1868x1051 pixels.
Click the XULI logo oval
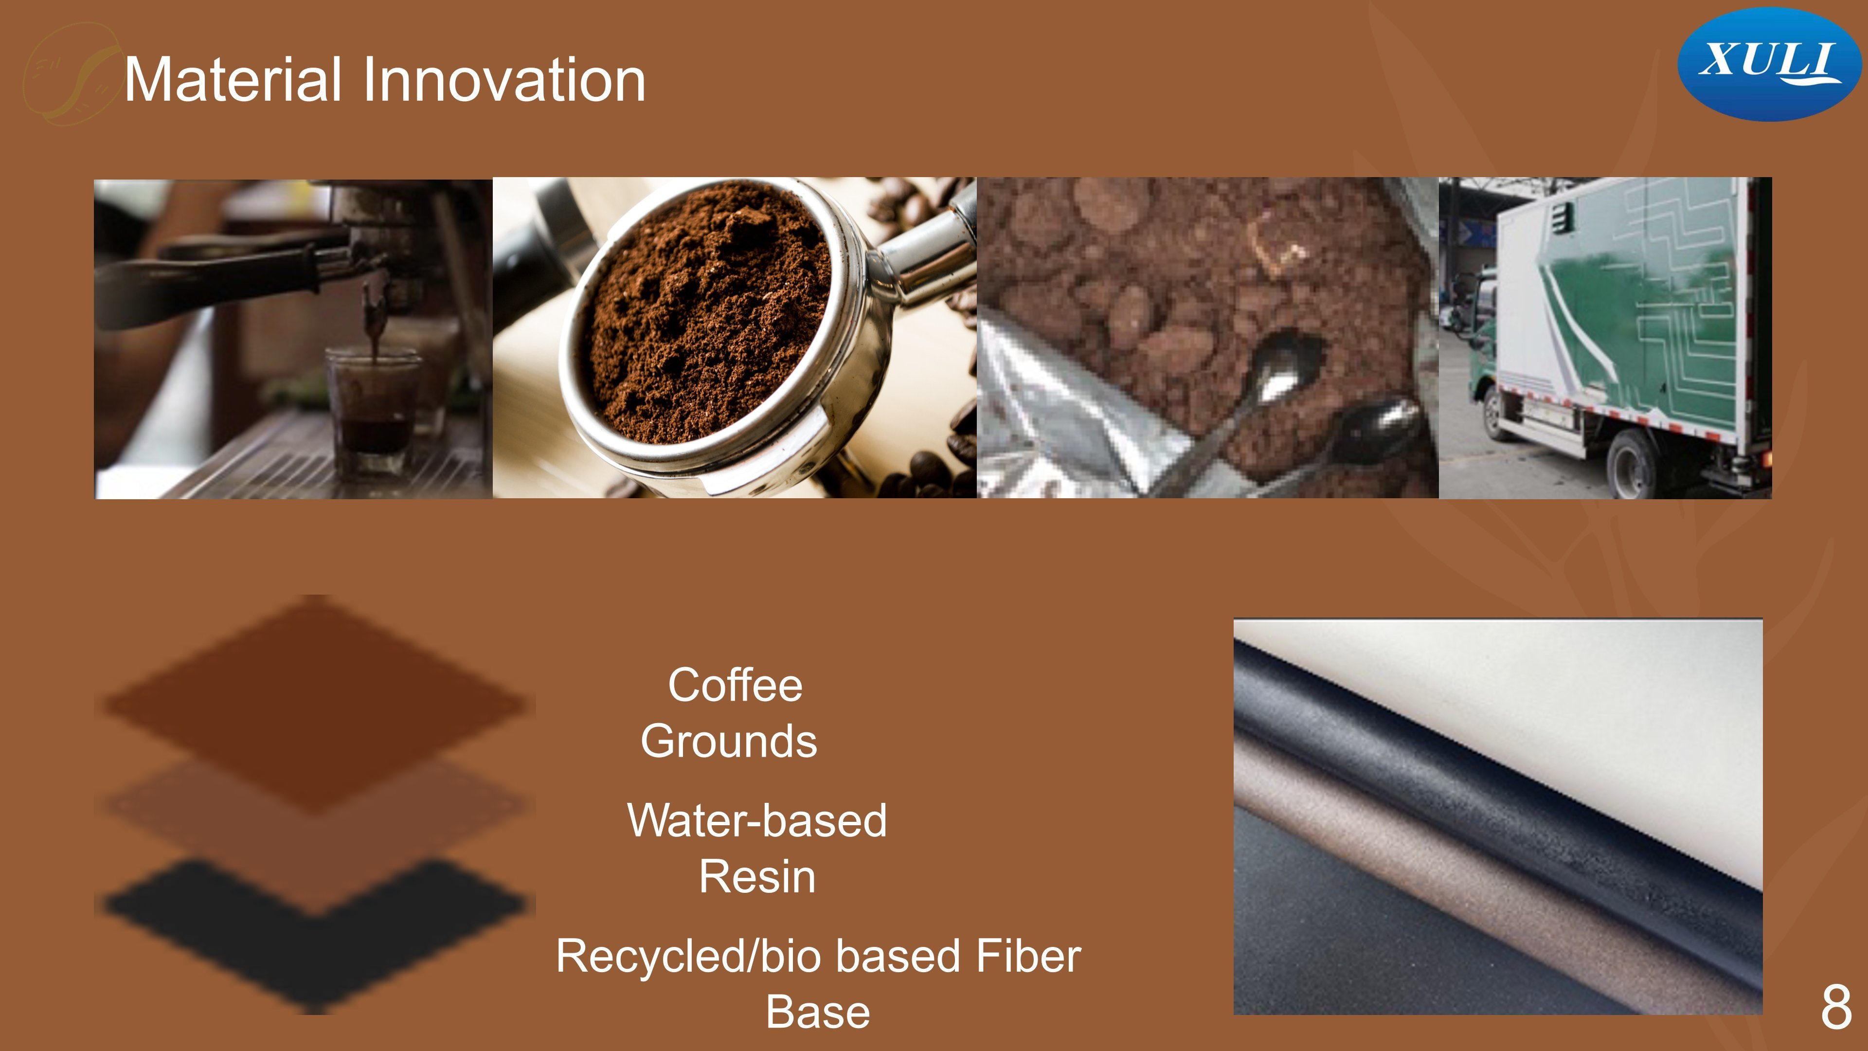[x=1769, y=64]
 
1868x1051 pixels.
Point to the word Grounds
[x=729, y=741]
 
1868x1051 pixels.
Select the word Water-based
[x=757, y=820]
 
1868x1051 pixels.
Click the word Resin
[x=757, y=876]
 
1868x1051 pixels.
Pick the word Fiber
[x=1028, y=956]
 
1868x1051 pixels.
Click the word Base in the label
[x=818, y=1012]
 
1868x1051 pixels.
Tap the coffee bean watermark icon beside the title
[x=71, y=74]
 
